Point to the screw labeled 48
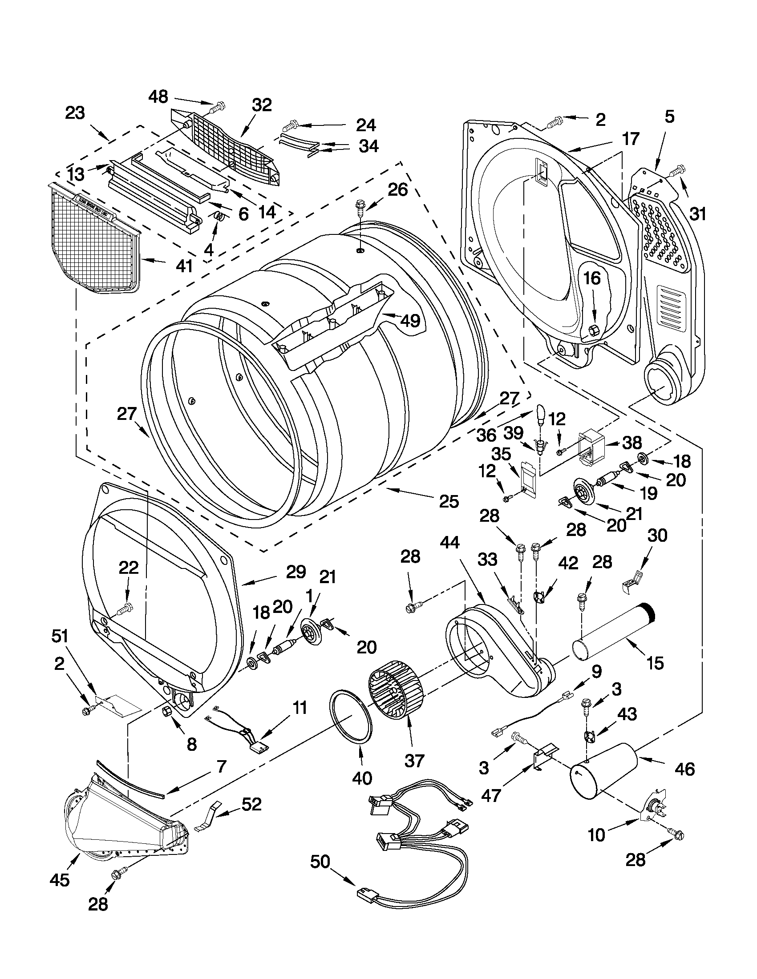coord(218,107)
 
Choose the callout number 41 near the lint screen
coord(184,266)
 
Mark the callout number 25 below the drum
coord(449,501)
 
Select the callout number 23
coord(75,113)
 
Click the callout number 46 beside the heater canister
coord(684,768)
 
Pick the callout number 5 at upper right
coord(668,117)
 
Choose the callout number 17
coord(631,139)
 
